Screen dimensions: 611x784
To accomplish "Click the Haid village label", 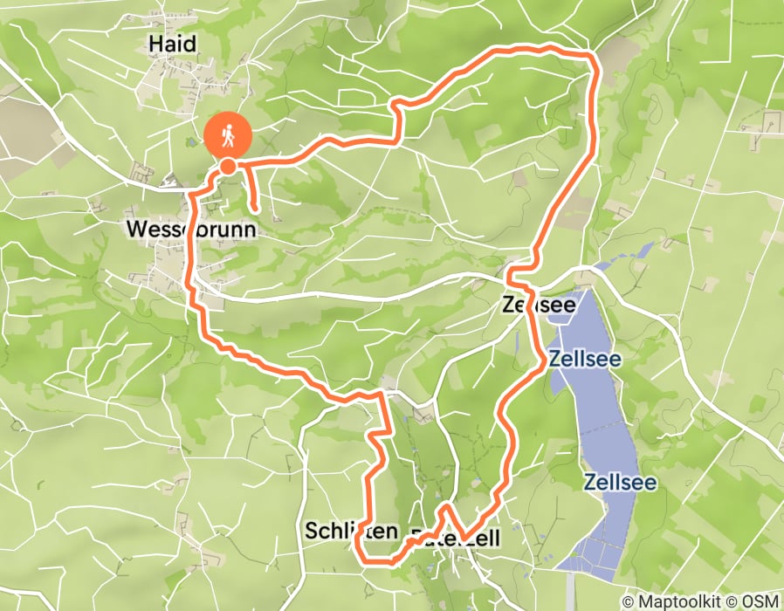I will point(172,44).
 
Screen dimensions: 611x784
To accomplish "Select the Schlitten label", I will point(351,530).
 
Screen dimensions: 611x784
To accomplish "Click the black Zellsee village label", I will point(539,305).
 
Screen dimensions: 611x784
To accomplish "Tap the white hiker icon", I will point(228,135).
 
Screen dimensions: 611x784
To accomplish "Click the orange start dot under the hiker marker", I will point(228,166).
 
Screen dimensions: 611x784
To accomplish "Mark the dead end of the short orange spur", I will point(254,209).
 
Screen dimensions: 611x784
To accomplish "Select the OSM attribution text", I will point(760,601).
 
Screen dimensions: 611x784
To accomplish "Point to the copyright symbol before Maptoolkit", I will point(629,601).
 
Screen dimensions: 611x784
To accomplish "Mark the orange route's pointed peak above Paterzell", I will point(446,506).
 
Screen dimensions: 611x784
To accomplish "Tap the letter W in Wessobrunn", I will point(136,230).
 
